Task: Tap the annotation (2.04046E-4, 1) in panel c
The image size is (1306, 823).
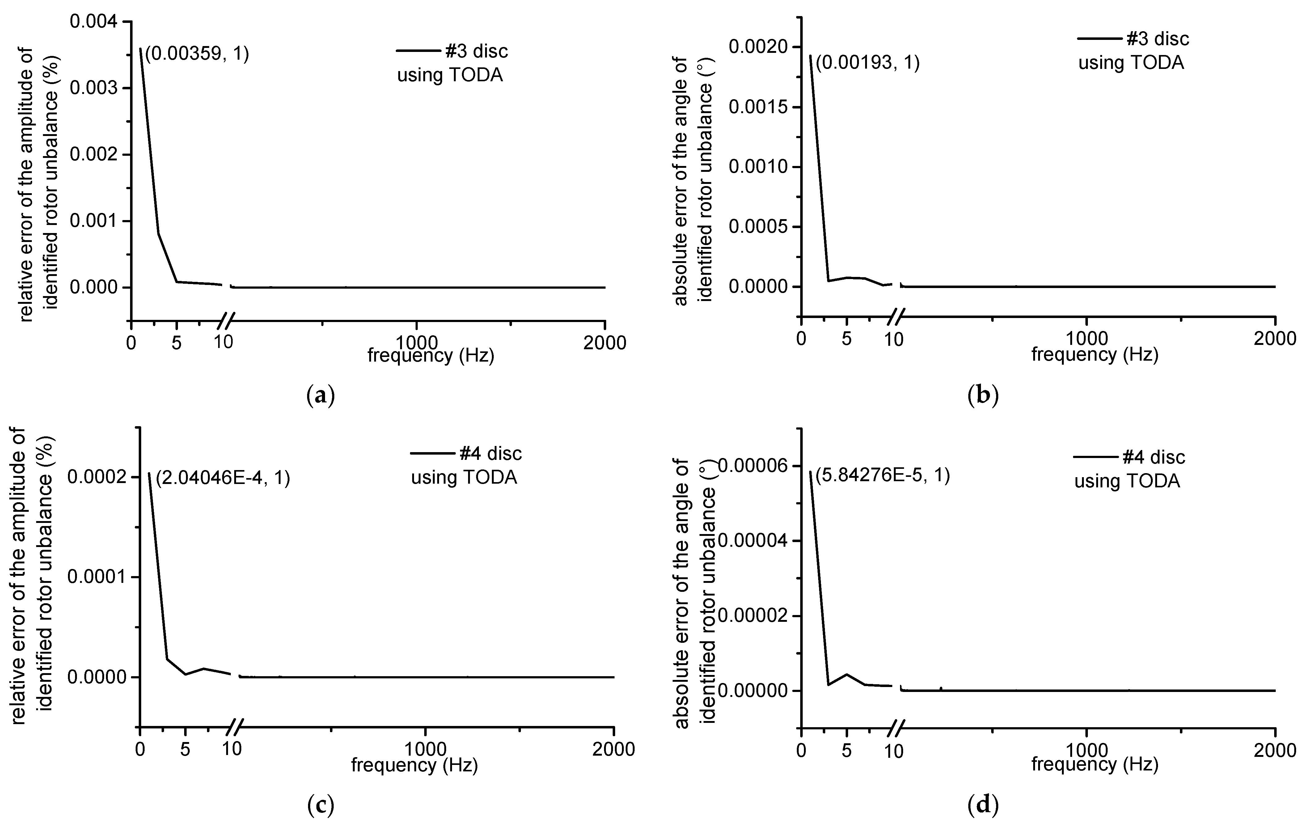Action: [223, 478]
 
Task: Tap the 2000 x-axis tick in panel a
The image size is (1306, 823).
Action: [604, 343]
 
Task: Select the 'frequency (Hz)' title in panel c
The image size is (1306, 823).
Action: [414, 765]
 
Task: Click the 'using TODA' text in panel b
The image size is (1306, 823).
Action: [1131, 63]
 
